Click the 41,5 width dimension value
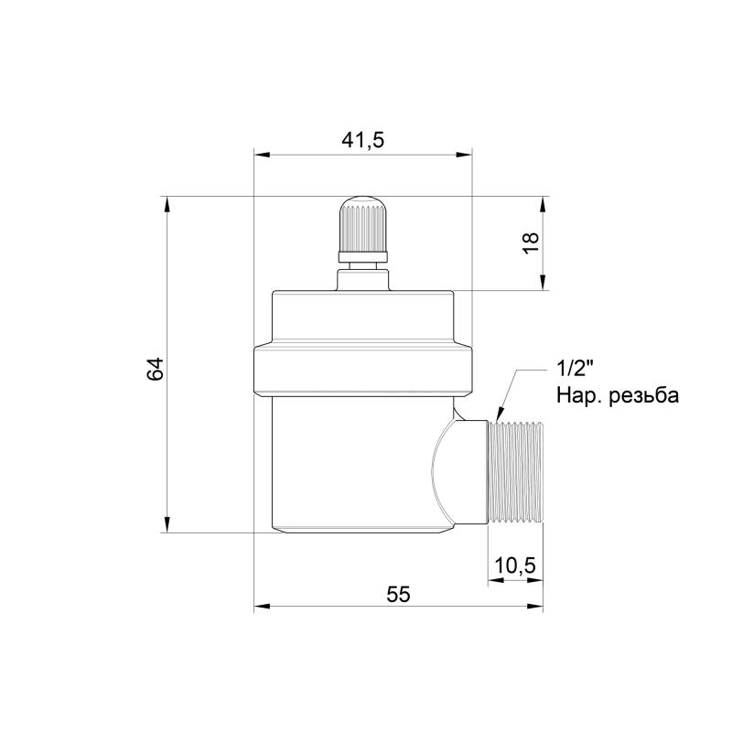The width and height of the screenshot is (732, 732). pyautogui.click(x=362, y=140)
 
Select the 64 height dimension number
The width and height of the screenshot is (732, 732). pyautogui.click(x=155, y=369)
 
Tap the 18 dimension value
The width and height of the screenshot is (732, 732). pyautogui.click(x=531, y=242)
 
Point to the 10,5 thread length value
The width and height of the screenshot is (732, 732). pyautogui.click(x=515, y=565)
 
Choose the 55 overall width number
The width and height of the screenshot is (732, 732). pyautogui.click(x=398, y=594)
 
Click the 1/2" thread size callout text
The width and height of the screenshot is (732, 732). pyautogui.click(x=575, y=370)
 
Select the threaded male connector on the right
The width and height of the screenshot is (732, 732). pyautogui.click(x=515, y=472)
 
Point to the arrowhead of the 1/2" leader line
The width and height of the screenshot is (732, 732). pyautogui.click(x=500, y=414)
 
